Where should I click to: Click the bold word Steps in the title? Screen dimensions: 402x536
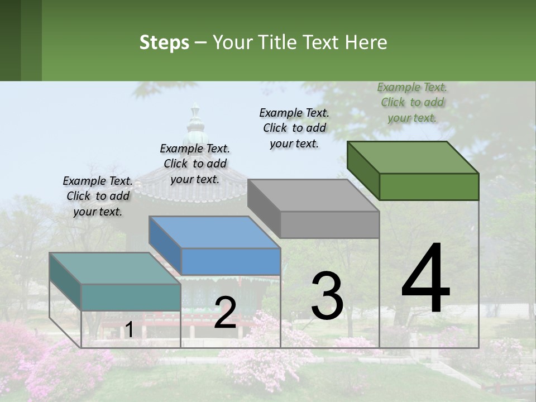tap(164, 42)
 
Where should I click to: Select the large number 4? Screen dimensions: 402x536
tap(426, 279)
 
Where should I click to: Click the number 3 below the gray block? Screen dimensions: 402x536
tap(327, 296)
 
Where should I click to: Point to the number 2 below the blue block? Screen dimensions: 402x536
tap(225, 313)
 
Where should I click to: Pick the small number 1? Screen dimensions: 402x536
tap(129, 330)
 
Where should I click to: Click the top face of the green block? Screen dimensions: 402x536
tap(413, 157)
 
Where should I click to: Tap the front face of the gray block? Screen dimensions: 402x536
tap(329, 225)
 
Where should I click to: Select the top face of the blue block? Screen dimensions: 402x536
tap(214, 232)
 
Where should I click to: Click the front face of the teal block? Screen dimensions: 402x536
tap(131, 297)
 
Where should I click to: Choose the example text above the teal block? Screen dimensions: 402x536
tap(98, 196)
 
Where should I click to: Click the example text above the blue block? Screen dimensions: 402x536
tap(195, 164)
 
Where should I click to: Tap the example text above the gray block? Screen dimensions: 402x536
tap(294, 128)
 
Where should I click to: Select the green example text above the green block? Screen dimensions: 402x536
tap(412, 102)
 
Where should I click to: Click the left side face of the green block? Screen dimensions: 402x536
tap(363, 170)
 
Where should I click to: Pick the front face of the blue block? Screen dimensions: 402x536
tap(231, 261)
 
